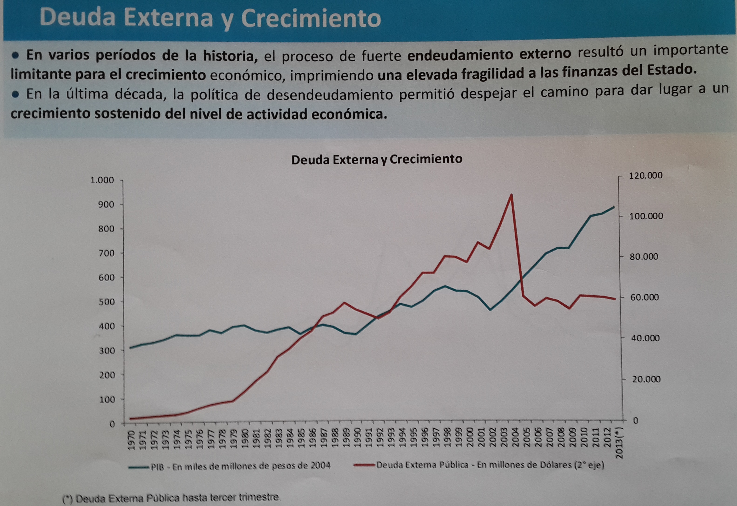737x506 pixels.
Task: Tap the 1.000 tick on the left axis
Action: (x=102, y=180)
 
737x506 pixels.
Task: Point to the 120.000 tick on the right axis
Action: (x=645, y=175)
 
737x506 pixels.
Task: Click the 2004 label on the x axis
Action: (x=515, y=437)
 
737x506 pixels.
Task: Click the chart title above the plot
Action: (x=377, y=159)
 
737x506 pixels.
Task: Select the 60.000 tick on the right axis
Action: (x=644, y=297)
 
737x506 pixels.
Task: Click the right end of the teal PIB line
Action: (x=614, y=207)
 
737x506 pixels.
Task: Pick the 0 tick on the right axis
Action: (x=635, y=420)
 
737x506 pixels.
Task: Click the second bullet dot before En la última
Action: (x=15, y=94)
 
